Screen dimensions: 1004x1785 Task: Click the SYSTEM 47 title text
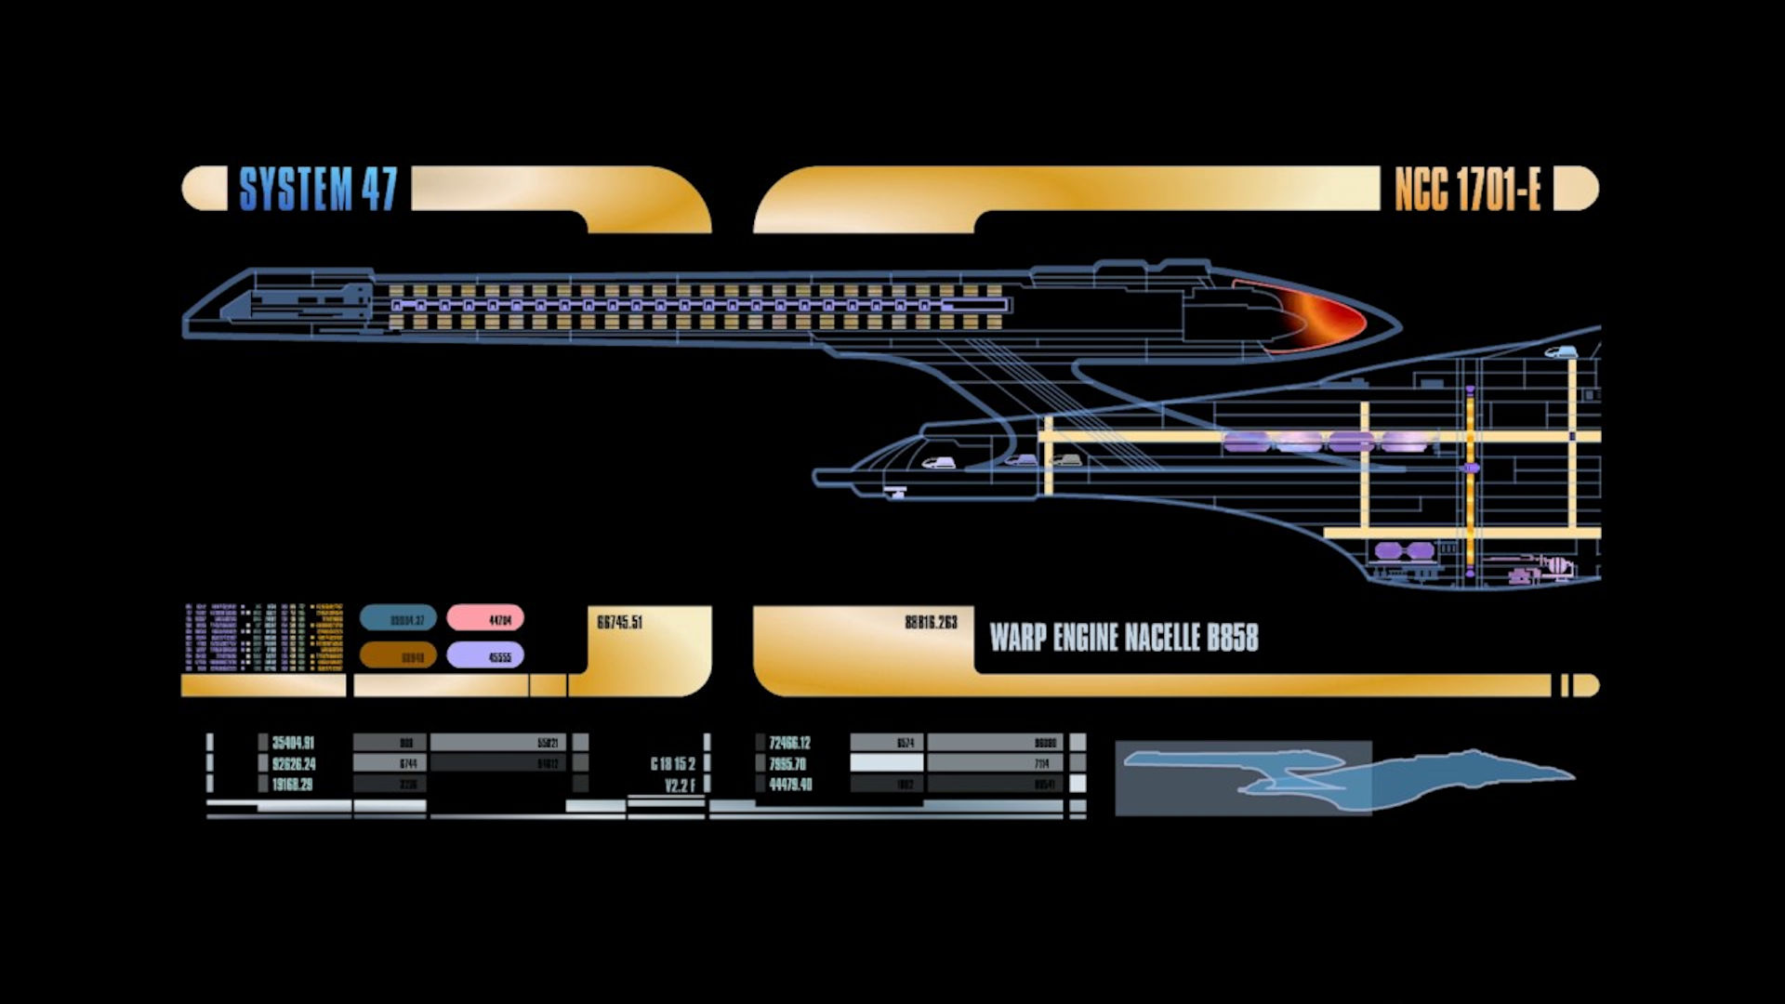tap(318, 190)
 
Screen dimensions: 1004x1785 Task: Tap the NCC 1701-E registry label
tap(1467, 190)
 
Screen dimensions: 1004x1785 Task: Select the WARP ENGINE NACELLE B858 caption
tap(1123, 638)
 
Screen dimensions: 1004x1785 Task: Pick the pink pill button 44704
tap(485, 618)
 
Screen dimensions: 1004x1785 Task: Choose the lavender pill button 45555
tap(485, 655)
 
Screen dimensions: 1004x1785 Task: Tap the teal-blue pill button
tap(398, 618)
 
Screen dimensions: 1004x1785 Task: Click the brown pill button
tap(398, 655)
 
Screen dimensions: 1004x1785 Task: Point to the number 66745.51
tap(619, 622)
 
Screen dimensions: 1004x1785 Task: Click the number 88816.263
tap(931, 622)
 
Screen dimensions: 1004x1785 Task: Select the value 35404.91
tap(293, 743)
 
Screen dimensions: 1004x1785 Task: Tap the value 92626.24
tap(293, 764)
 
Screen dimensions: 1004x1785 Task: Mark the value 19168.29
tap(292, 785)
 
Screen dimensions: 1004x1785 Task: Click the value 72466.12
tap(789, 743)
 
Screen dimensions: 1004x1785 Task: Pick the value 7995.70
tap(787, 764)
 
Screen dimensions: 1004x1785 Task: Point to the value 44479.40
tap(790, 785)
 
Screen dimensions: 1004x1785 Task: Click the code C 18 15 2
tap(672, 764)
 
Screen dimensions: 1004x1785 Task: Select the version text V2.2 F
tap(680, 786)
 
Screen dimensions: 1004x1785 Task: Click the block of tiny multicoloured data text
tap(264, 637)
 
